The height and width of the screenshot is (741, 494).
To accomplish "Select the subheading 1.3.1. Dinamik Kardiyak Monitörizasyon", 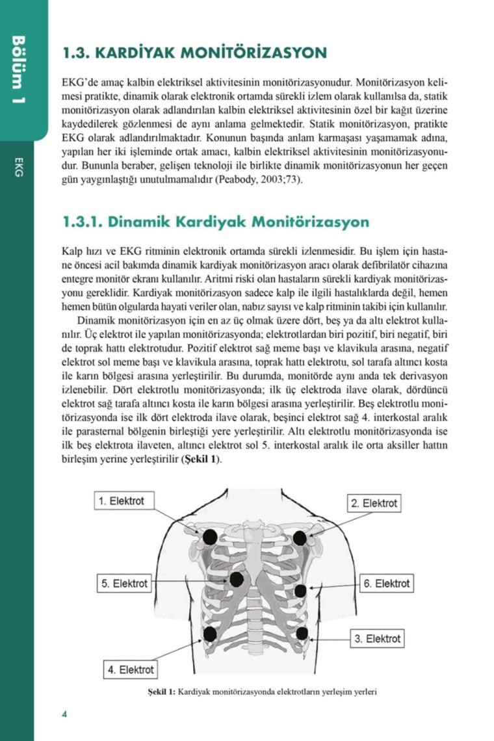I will (x=215, y=222).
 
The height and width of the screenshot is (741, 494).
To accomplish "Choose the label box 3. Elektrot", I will (x=376, y=638).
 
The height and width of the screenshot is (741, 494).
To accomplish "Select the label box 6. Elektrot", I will (x=385, y=584).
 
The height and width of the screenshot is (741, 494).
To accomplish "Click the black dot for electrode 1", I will (x=210, y=537).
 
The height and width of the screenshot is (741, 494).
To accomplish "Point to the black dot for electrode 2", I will (x=300, y=538).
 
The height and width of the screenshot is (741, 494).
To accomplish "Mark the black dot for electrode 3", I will (x=301, y=633).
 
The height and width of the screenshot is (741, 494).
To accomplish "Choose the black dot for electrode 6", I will (x=300, y=590).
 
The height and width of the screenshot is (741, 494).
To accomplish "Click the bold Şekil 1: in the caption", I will (x=162, y=692).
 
